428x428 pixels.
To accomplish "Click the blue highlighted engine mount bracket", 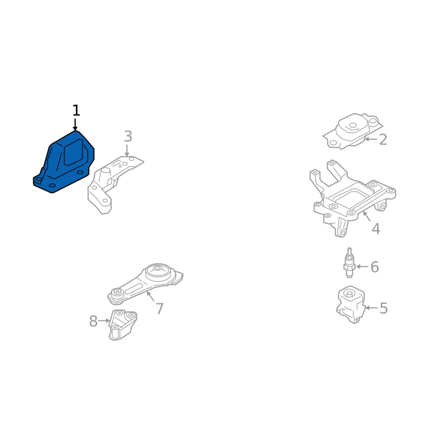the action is [64, 162].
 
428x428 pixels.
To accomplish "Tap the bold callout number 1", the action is [76, 111].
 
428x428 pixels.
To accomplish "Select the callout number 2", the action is [383, 140].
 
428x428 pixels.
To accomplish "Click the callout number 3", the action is [128, 136].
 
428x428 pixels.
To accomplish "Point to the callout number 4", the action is [376, 229].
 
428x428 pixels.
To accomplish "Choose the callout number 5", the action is [384, 308].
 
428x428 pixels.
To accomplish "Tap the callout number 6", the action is [374, 266].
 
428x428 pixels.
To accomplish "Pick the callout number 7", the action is [159, 309].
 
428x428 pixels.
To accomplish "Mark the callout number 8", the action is [93, 321].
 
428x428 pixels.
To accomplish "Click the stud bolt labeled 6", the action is [349, 263].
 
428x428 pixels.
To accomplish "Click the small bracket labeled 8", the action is [123, 325].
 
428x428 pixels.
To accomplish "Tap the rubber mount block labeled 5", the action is [351, 304].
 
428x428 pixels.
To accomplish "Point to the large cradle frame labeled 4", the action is [353, 198].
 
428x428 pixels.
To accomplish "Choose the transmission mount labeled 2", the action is [353, 131].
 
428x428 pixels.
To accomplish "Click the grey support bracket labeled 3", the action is [115, 185].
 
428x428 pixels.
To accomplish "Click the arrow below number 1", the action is [75, 125].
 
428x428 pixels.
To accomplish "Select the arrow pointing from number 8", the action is [104, 320].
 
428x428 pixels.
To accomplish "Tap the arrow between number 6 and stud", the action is [362, 266].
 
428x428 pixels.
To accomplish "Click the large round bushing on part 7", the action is [157, 271].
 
